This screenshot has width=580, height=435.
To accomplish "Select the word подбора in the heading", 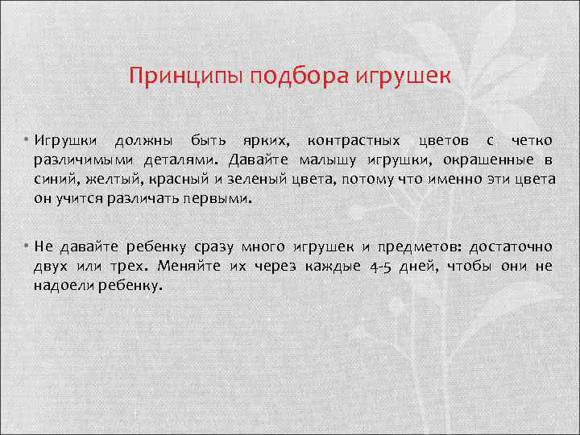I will click(299, 77).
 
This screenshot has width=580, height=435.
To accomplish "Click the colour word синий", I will click(54, 178).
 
